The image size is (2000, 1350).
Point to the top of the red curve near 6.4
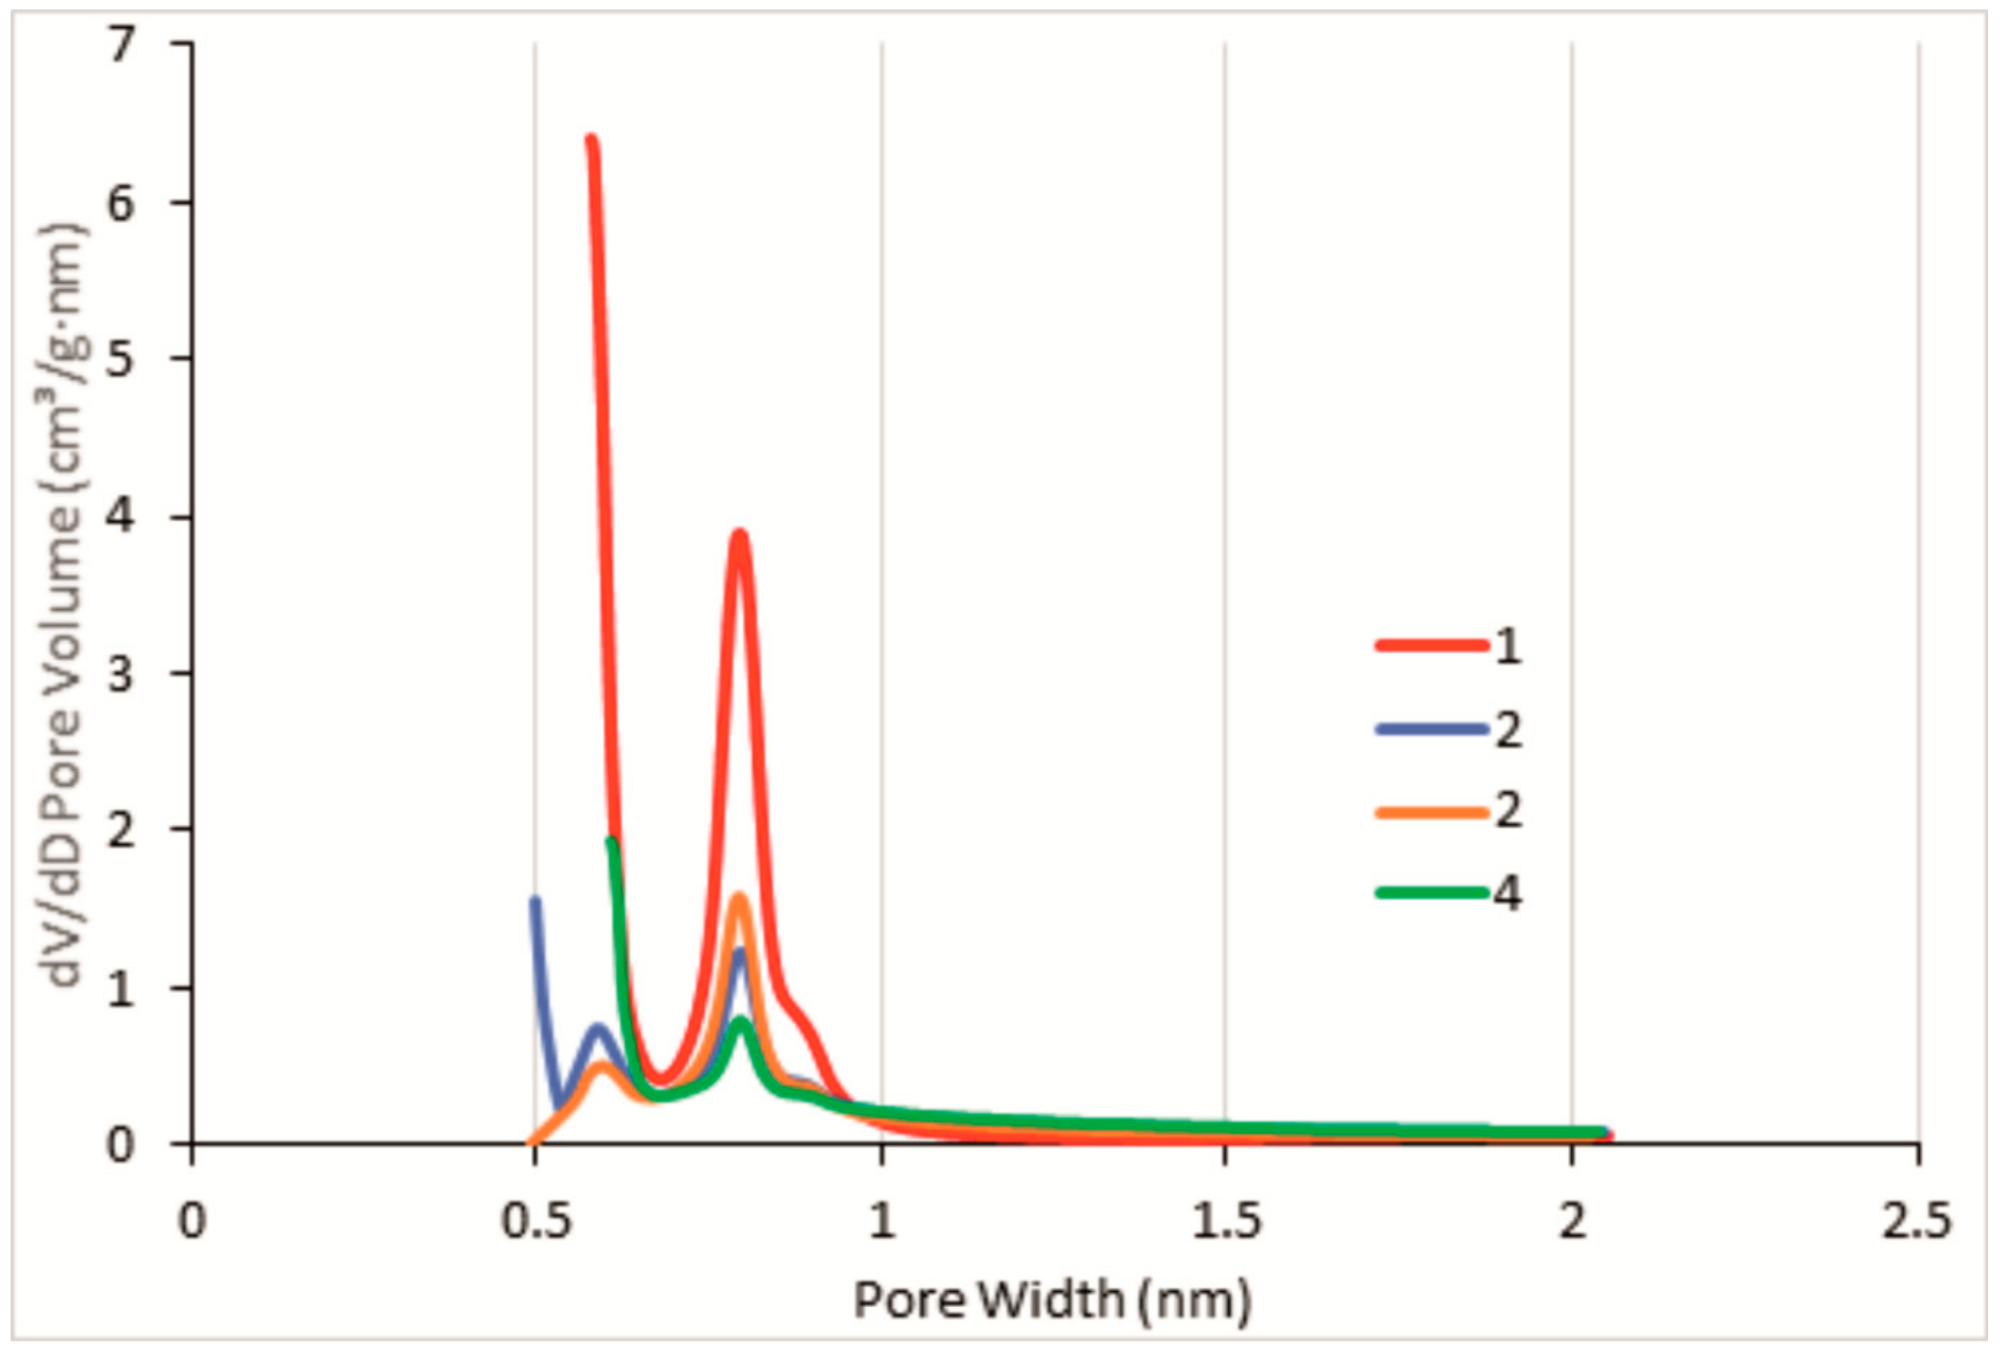[591, 139]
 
